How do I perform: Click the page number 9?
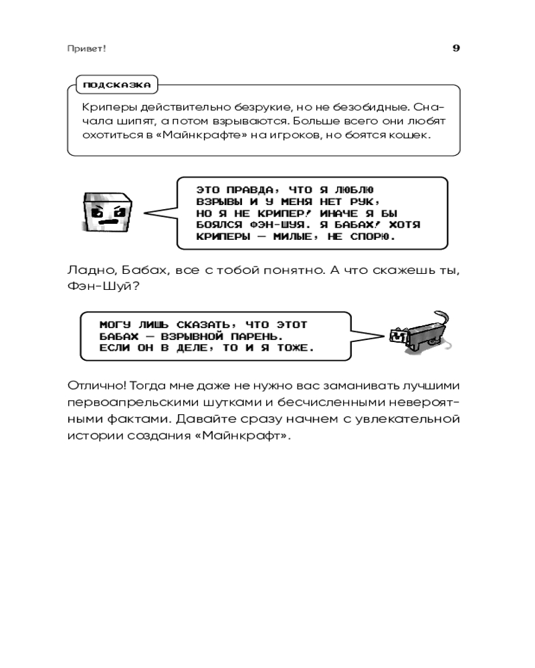(x=456, y=47)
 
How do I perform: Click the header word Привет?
(x=87, y=49)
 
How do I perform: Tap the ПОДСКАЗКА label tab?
(x=117, y=85)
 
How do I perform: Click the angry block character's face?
(x=106, y=212)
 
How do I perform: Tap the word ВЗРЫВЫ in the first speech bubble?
(x=219, y=202)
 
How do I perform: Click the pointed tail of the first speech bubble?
(x=145, y=212)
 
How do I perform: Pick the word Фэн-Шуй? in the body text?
(x=104, y=285)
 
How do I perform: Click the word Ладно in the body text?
(x=91, y=271)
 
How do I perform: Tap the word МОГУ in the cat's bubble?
(x=115, y=325)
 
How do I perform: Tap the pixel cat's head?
(x=399, y=336)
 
